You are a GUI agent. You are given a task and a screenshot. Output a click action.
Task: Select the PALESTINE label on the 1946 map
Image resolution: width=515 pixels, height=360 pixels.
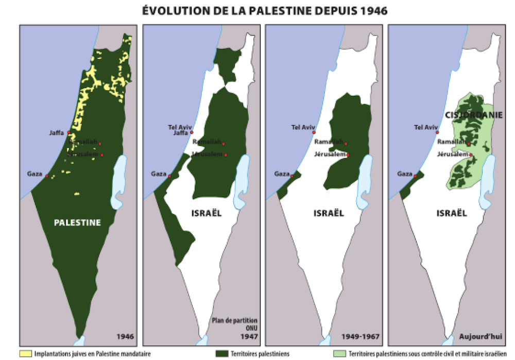pos(77,223)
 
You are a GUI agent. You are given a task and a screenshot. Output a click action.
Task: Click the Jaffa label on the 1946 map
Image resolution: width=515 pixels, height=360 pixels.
pos(57,132)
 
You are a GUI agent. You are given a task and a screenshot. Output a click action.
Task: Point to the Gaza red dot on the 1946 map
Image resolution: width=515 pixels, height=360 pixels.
pos(47,176)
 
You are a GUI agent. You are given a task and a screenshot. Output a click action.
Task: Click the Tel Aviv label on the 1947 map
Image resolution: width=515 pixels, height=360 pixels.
pos(179,127)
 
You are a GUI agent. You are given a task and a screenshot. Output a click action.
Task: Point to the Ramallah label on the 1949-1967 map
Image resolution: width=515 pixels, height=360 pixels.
pos(328,141)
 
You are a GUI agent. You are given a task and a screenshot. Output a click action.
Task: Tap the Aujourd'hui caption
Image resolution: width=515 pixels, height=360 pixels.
pos(480,337)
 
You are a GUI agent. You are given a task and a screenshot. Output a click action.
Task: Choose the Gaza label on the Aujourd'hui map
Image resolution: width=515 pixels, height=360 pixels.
pos(404,174)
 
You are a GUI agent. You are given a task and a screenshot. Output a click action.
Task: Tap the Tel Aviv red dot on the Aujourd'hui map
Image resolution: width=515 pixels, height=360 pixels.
pos(437,132)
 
